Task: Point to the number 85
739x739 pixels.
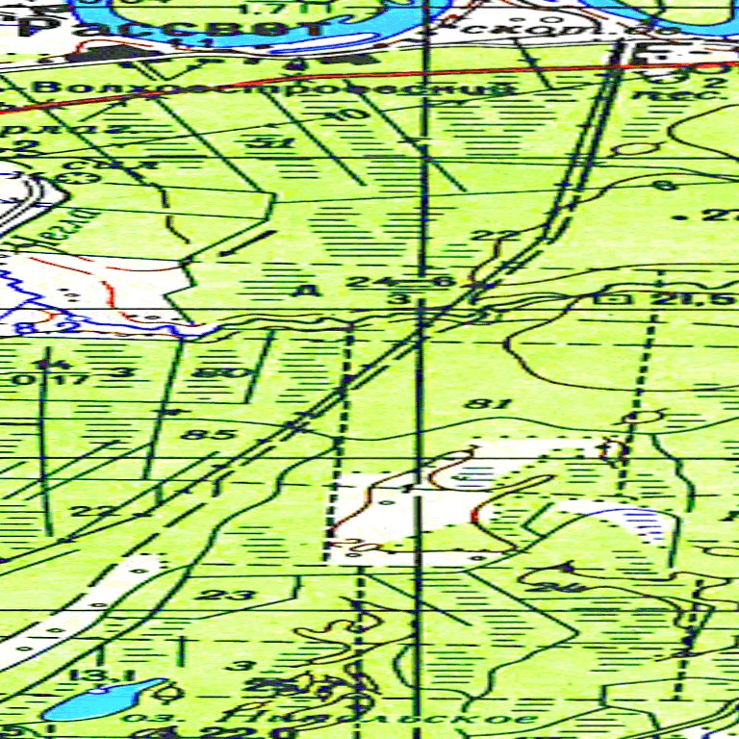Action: (x=219, y=435)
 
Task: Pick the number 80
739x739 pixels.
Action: (x=212, y=372)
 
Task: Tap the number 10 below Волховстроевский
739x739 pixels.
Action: (x=354, y=115)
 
